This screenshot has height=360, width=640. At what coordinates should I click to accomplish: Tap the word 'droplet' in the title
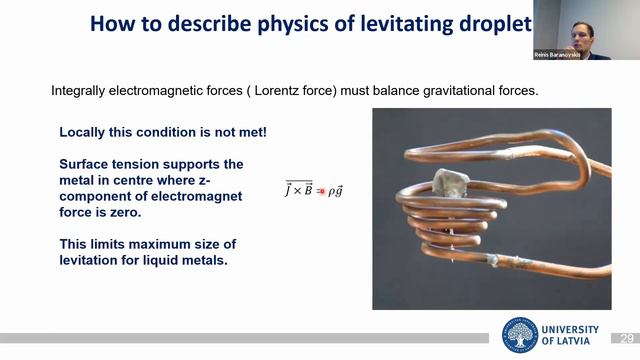click(x=492, y=24)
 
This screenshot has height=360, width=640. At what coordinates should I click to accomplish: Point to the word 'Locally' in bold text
click(x=86, y=132)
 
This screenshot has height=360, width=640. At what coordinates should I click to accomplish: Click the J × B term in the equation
click(x=300, y=189)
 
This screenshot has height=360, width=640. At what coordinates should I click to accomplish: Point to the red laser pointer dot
click(x=322, y=190)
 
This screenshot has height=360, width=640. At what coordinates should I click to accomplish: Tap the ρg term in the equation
click(x=337, y=189)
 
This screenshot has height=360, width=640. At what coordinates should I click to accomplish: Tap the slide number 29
click(x=628, y=338)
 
